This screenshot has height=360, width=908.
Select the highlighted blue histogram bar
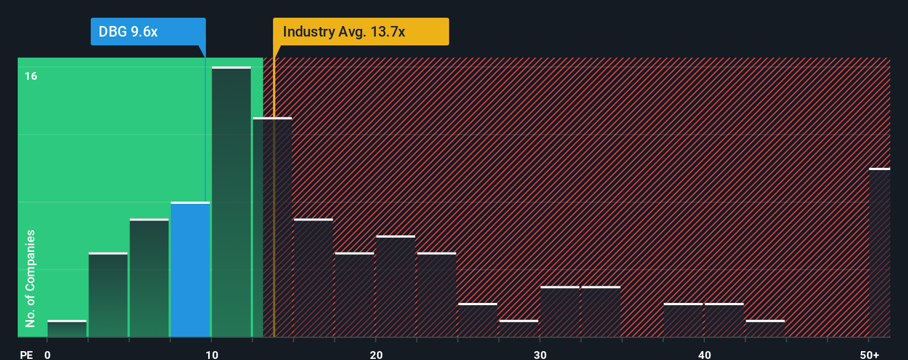(190, 270)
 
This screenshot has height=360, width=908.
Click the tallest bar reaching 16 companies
(231, 202)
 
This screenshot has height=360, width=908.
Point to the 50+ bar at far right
(879, 253)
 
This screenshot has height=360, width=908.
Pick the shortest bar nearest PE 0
(67, 328)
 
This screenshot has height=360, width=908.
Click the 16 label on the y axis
(31, 76)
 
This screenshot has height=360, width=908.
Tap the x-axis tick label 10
(211, 354)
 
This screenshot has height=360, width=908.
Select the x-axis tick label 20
(376, 354)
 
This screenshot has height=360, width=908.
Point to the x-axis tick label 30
(540, 354)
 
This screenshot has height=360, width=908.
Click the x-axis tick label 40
(704, 354)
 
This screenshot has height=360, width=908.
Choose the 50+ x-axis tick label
(869, 354)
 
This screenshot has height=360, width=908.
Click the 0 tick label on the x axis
(48, 354)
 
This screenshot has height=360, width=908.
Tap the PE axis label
(26, 354)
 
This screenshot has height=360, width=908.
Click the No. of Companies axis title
(30, 278)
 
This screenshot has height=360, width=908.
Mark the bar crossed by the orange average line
(272, 227)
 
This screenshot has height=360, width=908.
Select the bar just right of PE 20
(395, 286)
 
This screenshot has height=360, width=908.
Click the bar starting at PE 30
(560, 312)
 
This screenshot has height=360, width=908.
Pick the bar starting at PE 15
(313, 278)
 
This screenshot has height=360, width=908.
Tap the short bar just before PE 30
(518, 328)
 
